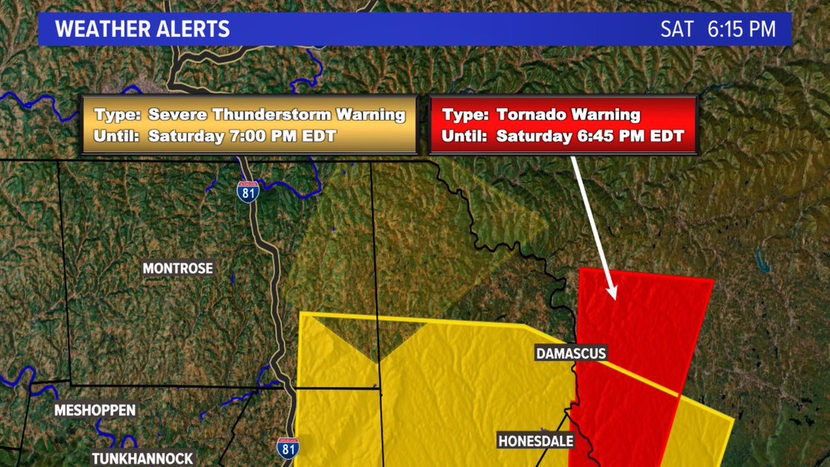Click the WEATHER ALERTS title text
142,29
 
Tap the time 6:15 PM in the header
741,29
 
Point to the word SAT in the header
676,29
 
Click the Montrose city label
178,268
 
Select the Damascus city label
571,354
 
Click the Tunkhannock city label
143,458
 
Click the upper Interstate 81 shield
247,190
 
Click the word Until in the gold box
113,136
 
